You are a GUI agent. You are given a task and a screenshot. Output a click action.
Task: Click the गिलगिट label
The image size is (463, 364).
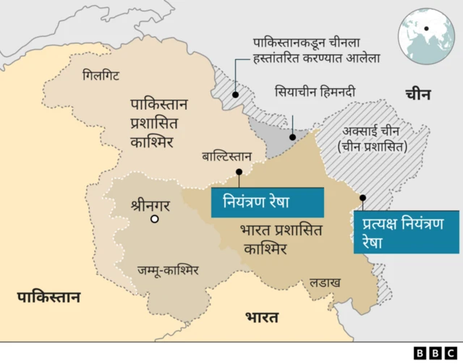pos(101,74)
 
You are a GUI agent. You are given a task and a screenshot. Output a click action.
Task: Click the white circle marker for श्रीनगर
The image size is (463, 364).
pos(154,219)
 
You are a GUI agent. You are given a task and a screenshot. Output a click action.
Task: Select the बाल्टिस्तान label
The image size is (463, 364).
pos(226,156)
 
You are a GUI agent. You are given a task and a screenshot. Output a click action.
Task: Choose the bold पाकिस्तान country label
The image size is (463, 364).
pos(49,297)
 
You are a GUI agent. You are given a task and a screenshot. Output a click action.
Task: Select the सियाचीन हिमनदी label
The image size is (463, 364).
pos(315,92)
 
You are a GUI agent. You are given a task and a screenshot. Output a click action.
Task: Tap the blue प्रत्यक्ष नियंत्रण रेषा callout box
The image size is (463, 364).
pos(405,231)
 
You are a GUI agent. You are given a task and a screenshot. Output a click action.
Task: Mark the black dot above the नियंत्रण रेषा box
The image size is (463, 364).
pos(239,172)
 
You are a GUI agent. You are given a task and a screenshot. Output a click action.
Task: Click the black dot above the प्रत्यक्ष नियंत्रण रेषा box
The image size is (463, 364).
pos(362,197)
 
